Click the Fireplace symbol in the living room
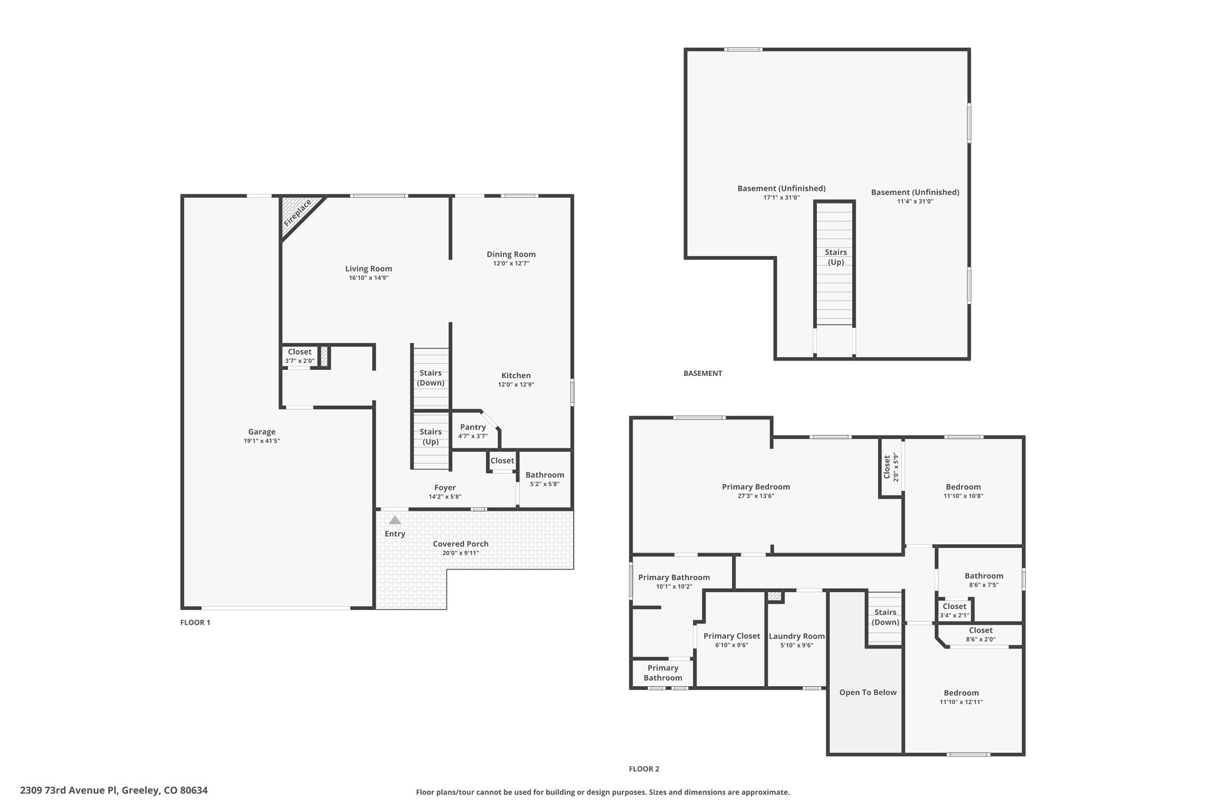pyautogui.click(x=298, y=214)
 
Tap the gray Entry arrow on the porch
pyautogui.click(x=395, y=520)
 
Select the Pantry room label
pyautogui.click(x=473, y=427)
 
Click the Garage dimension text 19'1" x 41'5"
pyautogui.click(x=261, y=441)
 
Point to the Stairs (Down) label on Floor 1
pyautogui.click(x=430, y=378)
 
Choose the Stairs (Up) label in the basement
pyautogui.click(x=836, y=257)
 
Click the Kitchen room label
pyautogui.click(x=516, y=375)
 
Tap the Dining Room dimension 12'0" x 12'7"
pyautogui.click(x=511, y=263)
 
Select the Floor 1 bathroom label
pyautogui.click(x=545, y=475)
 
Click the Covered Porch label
pyautogui.click(x=460, y=544)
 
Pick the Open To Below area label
pyautogui.click(x=867, y=692)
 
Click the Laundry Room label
pyautogui.click(x=796, y=636)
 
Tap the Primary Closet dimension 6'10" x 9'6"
pyautogui.click(x=731, y=645)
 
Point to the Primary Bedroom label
pyautogui.click(x=756, y=487)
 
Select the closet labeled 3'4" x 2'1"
pyautogui.click(x=954, y=611)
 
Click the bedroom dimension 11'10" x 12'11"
pyautogui.click(x=961, y=702)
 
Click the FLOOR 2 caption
pyautogui.click(x=644, y=769)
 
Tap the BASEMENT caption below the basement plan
pyautogui.click(x=703, y=373)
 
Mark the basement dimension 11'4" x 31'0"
pyautogui.click(x=915, y=201)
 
